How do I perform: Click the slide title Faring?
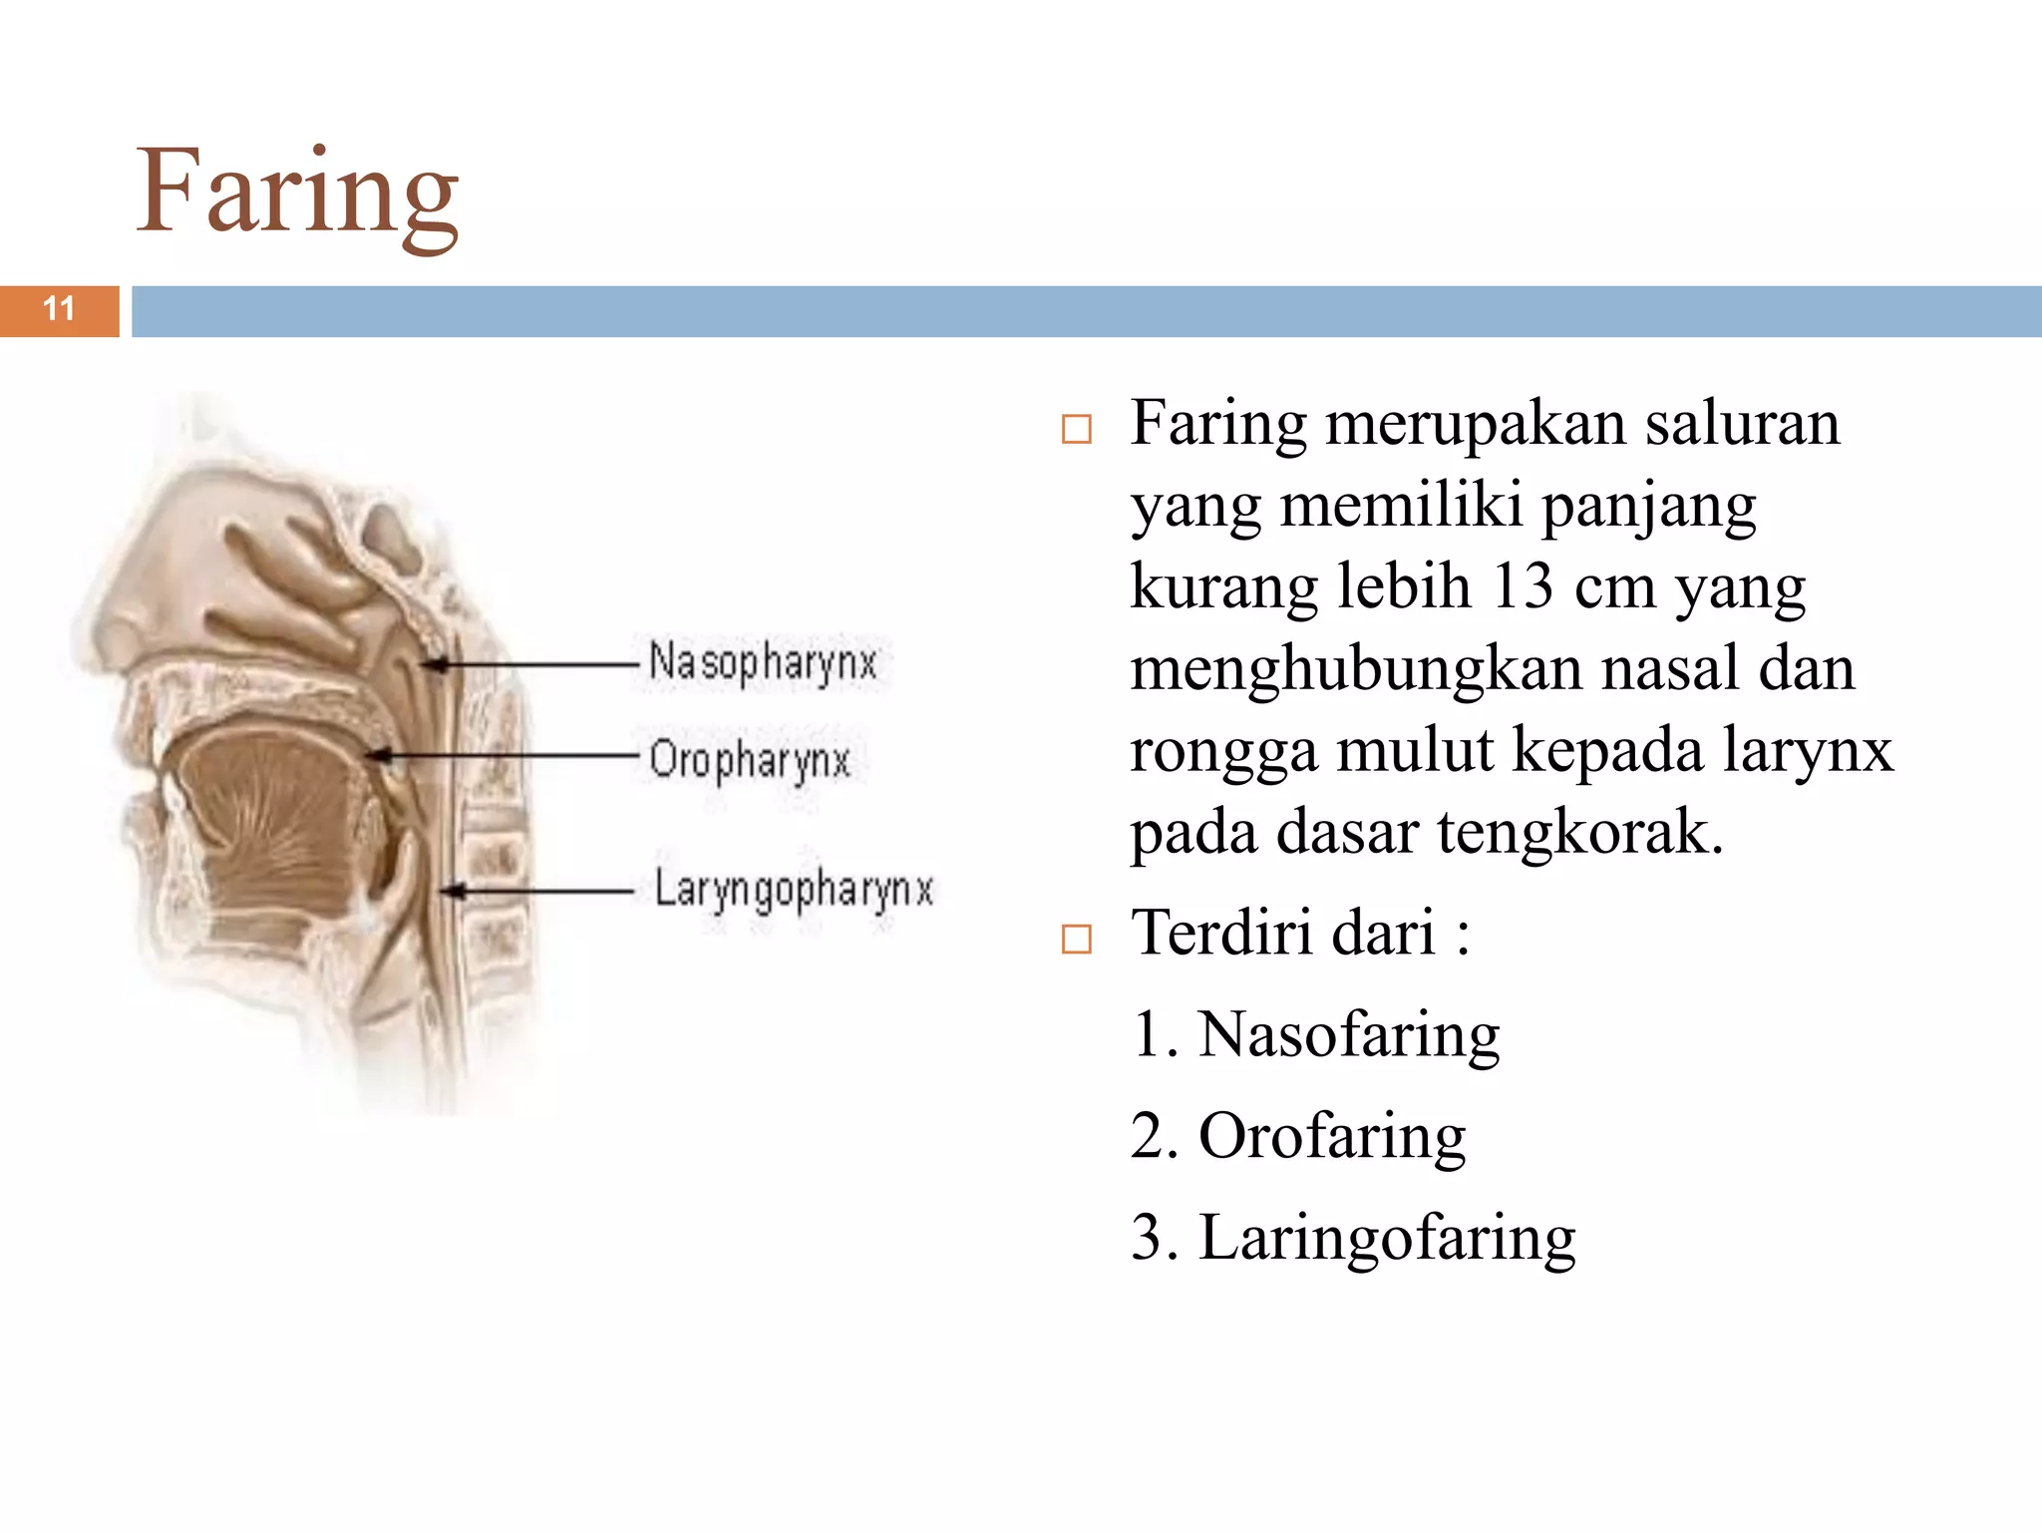[x=297, y=192]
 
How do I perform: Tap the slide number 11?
[x=60, y=309]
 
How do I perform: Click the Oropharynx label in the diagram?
[x=750, y=760]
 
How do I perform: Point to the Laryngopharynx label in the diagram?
[x=794, y=890]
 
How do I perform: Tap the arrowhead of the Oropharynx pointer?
[x=377, y=756]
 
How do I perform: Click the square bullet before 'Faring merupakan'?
[x=1077, y=430]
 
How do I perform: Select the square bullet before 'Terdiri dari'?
[x=1077, y=940]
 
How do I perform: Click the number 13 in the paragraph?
[x=1523, y=586]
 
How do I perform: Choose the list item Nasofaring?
[x=1349, y=1035]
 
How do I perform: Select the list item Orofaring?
[x=1332, y=1137]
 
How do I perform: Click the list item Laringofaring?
[x=1387, y=1239]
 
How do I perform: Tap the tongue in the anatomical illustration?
[x=274, y=808]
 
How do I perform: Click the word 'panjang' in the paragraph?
[x=1649, y=507]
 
